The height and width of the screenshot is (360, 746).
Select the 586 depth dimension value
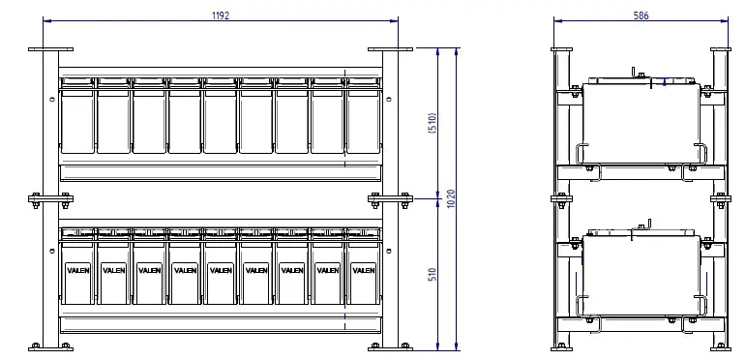click(641, 15)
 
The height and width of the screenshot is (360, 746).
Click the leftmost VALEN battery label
click(77, 270)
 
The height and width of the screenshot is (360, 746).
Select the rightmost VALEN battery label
click(362, 270)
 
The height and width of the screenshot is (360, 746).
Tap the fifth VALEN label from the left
click(220, 270)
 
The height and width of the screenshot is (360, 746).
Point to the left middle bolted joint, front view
click(50, 199)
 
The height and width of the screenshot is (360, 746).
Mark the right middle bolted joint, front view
click(390, 199)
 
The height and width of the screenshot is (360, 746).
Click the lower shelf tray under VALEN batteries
click(220, 324)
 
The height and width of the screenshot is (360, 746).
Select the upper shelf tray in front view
click(220, 172)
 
